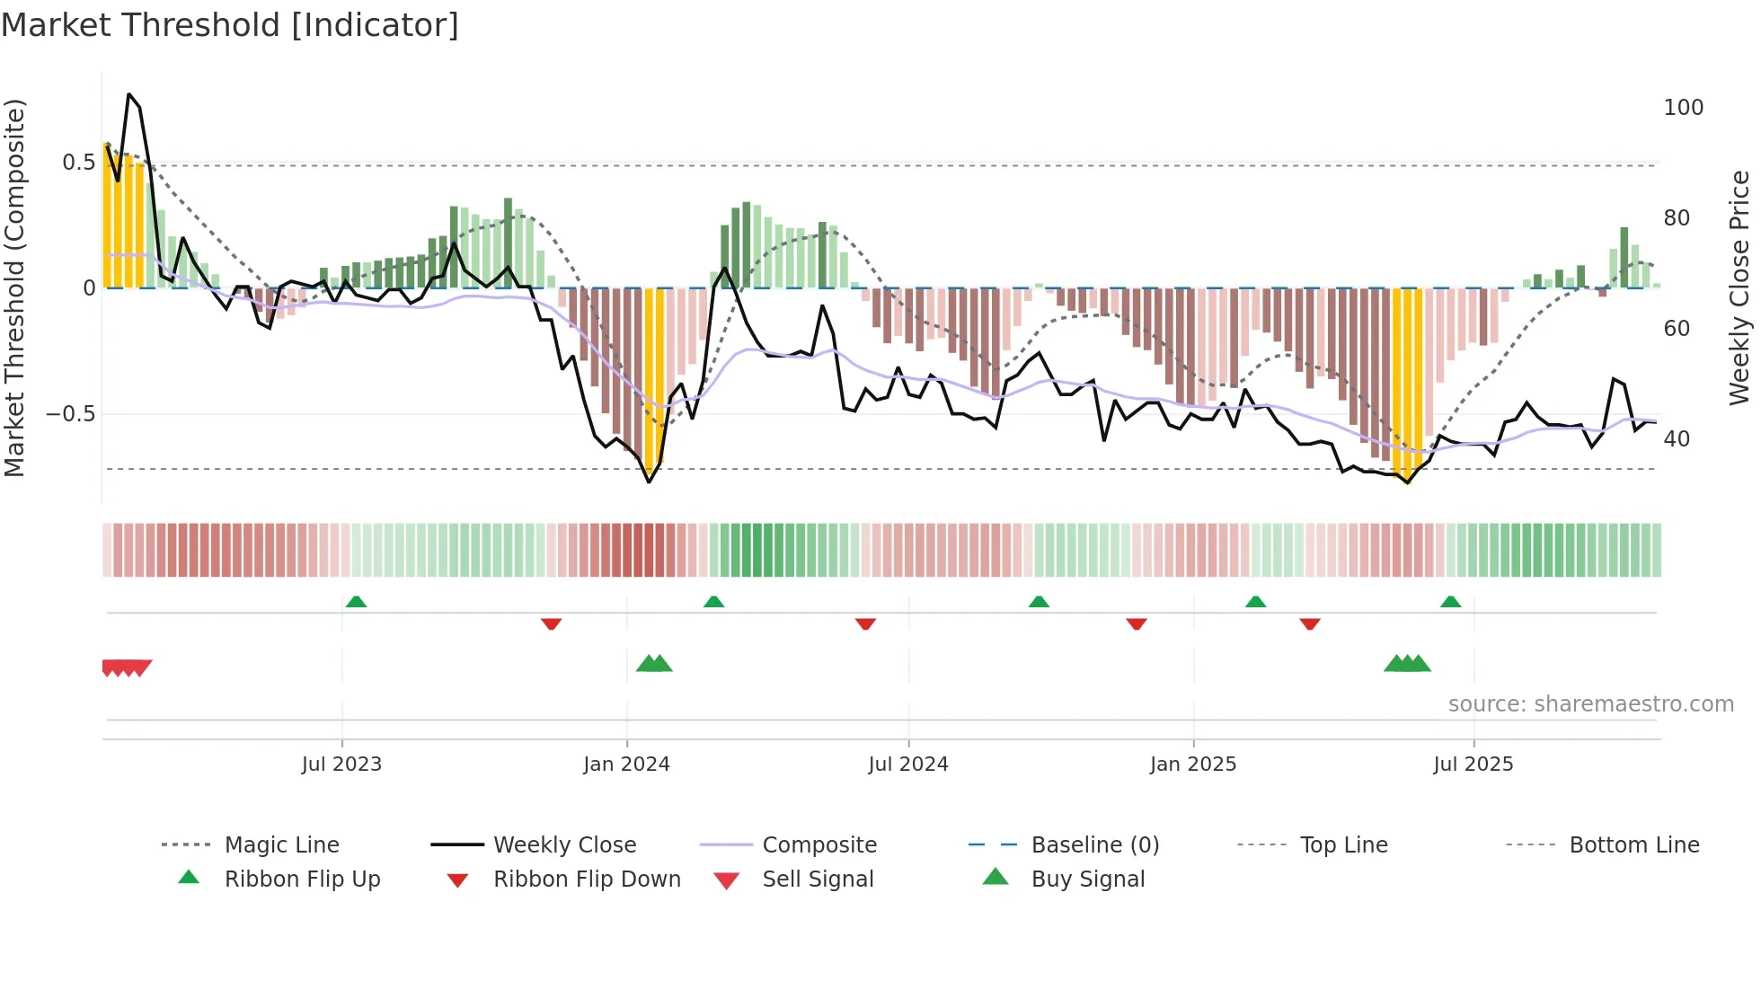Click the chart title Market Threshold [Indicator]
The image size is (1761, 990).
point(230,25)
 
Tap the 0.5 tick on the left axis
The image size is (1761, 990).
point(78,163)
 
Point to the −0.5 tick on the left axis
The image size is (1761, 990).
point(71,414)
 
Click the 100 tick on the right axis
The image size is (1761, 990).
point(1683,108)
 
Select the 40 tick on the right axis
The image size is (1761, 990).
point(1677,439)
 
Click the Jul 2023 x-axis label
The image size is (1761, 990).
point(341,765)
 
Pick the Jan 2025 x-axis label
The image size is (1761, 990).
point(1192,765)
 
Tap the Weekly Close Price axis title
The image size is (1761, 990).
point(1739,287)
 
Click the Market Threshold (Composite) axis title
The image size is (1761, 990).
point(15,287)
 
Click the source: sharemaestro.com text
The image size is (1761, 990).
point(1590,704)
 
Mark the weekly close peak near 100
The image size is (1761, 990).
point(129,94)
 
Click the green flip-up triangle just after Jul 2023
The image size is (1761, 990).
point(356,602)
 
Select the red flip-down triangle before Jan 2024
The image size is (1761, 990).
point(551,623)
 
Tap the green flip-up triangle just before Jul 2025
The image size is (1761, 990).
point(1450,602)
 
